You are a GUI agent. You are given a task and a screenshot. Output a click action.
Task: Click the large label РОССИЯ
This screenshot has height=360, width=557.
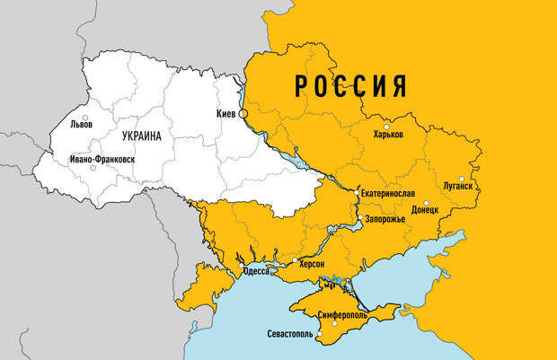(x=350, y=87)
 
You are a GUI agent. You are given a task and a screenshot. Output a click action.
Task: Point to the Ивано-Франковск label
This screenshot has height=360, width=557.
(x=102, y=159)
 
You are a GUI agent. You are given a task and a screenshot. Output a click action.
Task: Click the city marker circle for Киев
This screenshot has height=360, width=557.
(x=243, y=114)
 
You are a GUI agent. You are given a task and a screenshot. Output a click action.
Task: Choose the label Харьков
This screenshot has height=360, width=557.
(x=388, y=134)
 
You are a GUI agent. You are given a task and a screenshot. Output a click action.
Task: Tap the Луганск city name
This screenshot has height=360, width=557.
(x=458, y=186)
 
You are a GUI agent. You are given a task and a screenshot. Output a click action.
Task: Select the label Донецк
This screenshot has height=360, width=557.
(x=424, y=209)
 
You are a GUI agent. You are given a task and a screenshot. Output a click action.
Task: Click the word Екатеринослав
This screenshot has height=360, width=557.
(x=386, y=194)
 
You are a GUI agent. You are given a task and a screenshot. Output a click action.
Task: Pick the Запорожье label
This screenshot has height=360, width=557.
(x=386, y=219)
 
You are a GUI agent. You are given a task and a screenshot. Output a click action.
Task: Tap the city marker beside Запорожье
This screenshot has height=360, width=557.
(x=360, y=218)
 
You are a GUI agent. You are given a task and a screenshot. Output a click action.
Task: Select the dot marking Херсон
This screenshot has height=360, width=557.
(x=295, y=260)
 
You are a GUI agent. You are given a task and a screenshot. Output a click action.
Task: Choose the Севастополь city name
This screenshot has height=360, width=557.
(x=290, y=335)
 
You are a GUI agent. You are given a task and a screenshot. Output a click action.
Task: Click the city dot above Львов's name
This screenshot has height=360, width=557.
(x=85, y=118)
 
